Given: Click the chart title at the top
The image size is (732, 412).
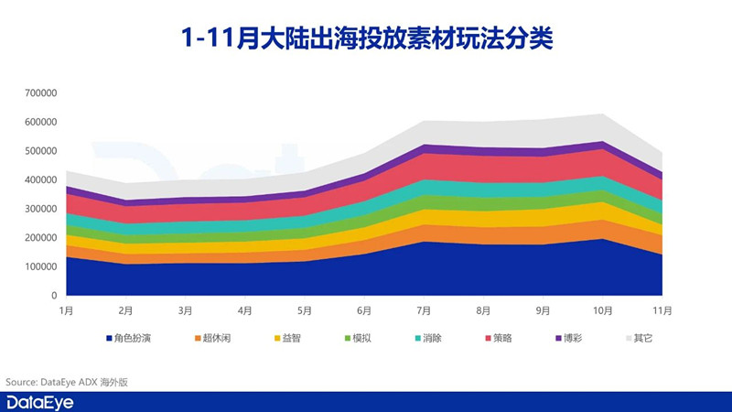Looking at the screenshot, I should (x=366, y=38).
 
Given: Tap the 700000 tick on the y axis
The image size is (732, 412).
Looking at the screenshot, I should (x=42, y=93).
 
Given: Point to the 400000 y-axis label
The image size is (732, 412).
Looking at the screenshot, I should (x=42, y=180).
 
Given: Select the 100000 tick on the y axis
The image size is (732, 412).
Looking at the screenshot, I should (x=42, y=267).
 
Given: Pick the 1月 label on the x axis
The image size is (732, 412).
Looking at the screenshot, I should (x=67, y=311).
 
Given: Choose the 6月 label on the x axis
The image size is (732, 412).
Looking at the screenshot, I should (x=364, y=311).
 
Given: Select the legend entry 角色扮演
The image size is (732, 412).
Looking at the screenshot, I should (x=128, y=338).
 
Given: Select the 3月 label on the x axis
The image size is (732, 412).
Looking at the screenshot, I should (x=186, y=311).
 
